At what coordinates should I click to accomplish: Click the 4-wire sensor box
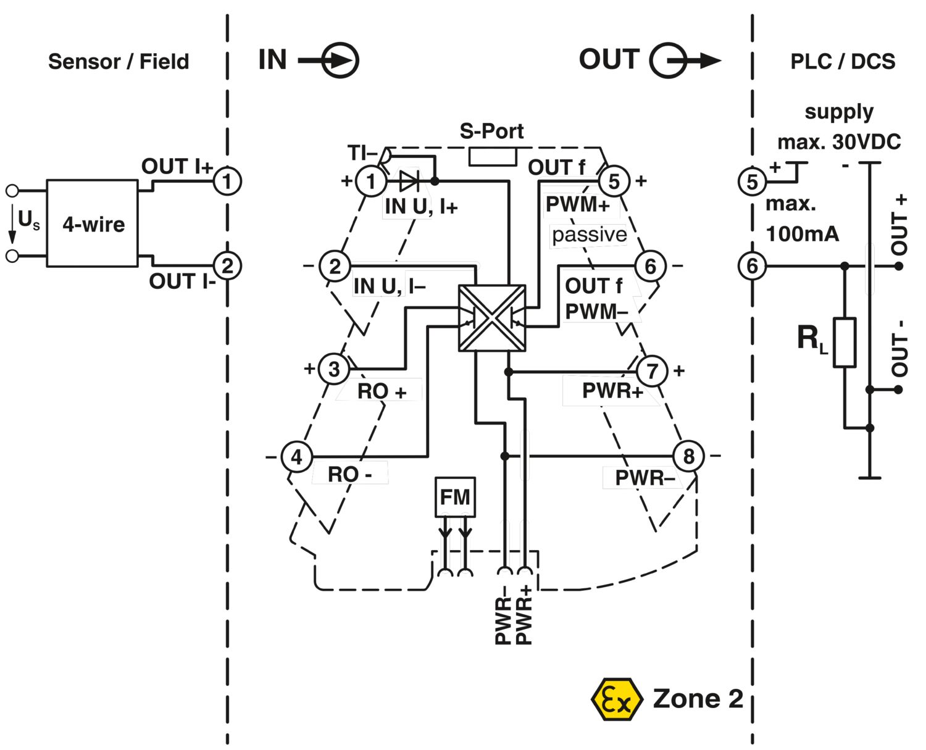click(x=92, y=223)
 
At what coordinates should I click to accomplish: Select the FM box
click(x=455, y=497)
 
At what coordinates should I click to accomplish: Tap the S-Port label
click(x=491, y=131)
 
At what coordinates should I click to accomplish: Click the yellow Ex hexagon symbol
click(x=614, y=699)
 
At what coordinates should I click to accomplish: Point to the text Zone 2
click(x=698, y=699)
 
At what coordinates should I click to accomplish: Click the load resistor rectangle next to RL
click(x=845, y=343)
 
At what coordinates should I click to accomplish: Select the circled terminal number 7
click(x=652, y=371)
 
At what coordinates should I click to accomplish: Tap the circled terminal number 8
click(x=688, y=456)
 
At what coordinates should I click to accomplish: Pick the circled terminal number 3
click(x=334, y=369)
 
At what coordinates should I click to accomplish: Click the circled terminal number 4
click(x=297, y=457)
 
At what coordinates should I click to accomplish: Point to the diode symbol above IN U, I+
click(x=409, y=181)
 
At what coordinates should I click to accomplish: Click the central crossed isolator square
click(x=492, y=319)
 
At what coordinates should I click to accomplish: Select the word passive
click(x=589, y=235)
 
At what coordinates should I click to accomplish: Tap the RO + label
click(x=382, y=391)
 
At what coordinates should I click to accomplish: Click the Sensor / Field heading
click(x=119, y=62)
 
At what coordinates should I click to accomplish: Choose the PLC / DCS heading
click(x=843, y=62)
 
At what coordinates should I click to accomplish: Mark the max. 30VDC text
click(x=839, y=142)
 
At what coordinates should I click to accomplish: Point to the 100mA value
click(x=802, y=234)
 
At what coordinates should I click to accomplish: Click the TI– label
click(x=362, y=152)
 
